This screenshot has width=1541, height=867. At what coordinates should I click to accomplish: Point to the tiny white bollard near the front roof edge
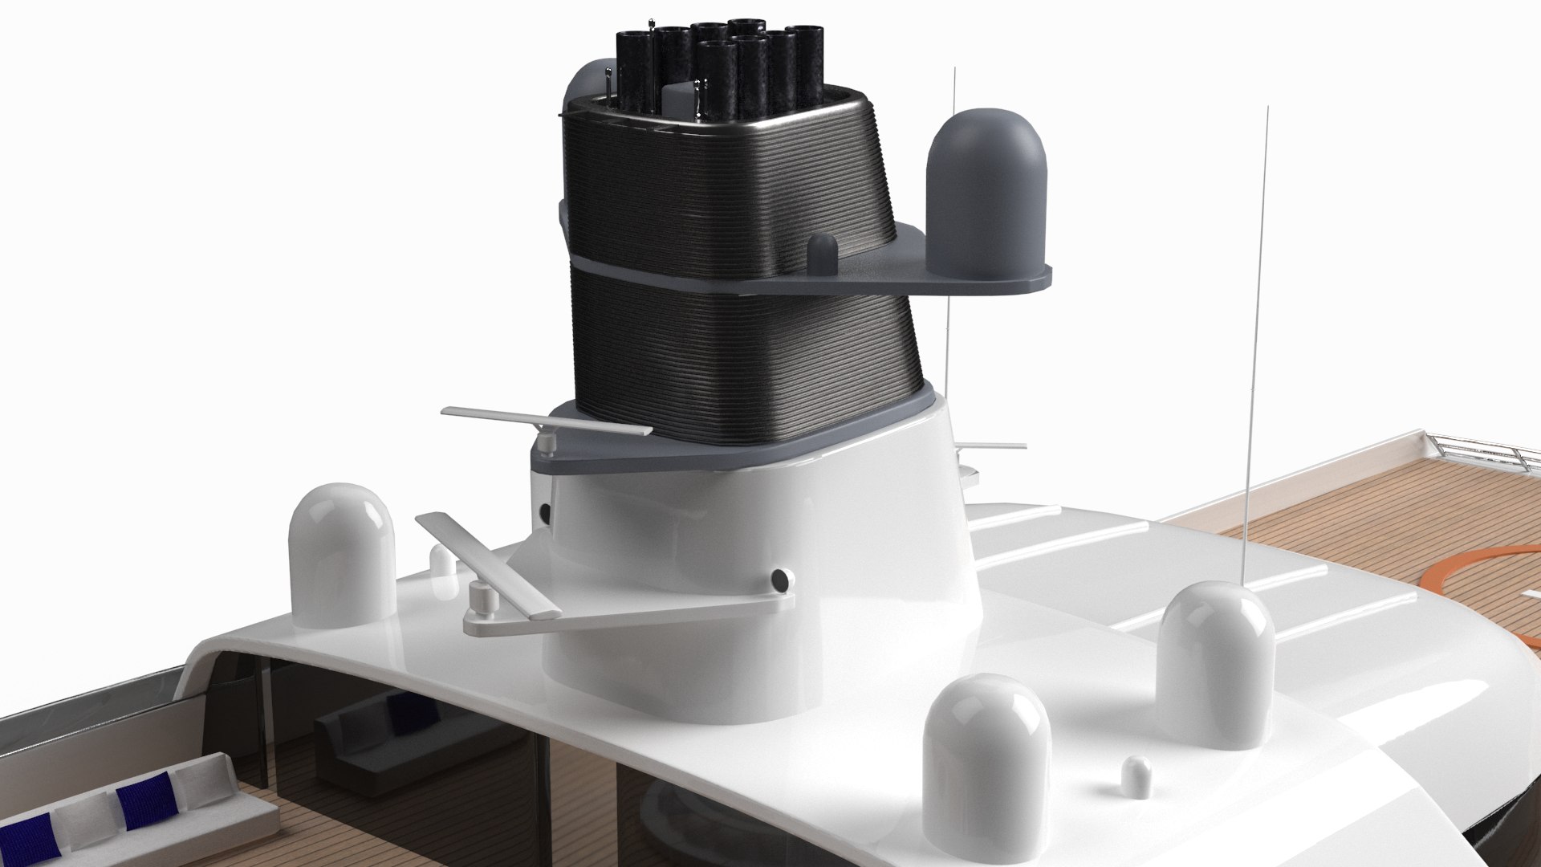pos(1135,776)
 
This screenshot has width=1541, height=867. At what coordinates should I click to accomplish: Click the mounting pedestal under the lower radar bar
pos(479,601)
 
